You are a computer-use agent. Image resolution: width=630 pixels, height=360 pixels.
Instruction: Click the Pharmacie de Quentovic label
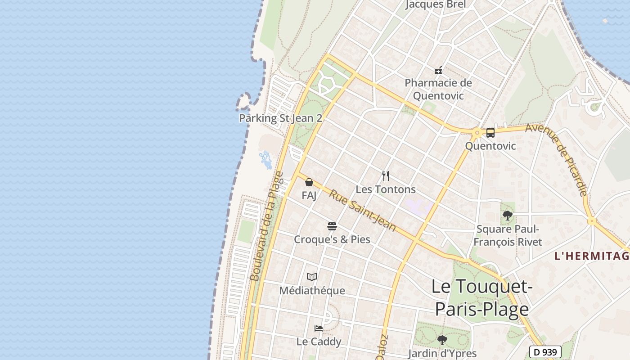pos(438,89)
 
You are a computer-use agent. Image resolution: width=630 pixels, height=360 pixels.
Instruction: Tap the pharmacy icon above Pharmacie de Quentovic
pos(438,70)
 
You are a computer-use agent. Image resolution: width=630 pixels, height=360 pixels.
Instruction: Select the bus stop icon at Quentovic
pos(490,133)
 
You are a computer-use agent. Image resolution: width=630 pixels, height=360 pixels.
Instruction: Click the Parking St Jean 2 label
pos(280,118)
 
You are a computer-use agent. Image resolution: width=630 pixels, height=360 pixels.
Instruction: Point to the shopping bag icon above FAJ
pos(309,182)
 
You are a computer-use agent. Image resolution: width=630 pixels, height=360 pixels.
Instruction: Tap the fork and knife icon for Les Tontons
pos(386,175)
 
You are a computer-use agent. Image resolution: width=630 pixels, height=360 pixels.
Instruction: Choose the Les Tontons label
pos(386,189)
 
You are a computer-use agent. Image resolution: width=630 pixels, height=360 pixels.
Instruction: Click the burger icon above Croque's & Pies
pos(332,226)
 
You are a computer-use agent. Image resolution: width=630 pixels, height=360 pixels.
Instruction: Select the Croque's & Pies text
pos(332,239)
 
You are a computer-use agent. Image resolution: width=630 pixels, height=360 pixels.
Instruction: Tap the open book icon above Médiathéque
pos(312,277)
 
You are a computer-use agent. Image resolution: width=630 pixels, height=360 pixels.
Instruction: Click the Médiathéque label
pos(312,291)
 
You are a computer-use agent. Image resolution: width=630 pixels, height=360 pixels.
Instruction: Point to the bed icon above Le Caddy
pos(319,328)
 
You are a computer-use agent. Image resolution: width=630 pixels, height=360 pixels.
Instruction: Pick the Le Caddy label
pos(319,342)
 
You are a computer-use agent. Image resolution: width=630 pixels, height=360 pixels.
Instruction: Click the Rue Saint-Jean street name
pos(363,211)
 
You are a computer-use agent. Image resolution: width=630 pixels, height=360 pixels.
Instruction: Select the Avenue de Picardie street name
pos(558,159)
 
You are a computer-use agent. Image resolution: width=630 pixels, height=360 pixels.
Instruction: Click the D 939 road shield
pos(545,352)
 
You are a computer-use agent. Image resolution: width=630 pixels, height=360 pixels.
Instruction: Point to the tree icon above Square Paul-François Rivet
pos(508,216)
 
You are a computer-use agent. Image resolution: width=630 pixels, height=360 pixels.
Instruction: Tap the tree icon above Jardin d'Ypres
pos(442,340)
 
